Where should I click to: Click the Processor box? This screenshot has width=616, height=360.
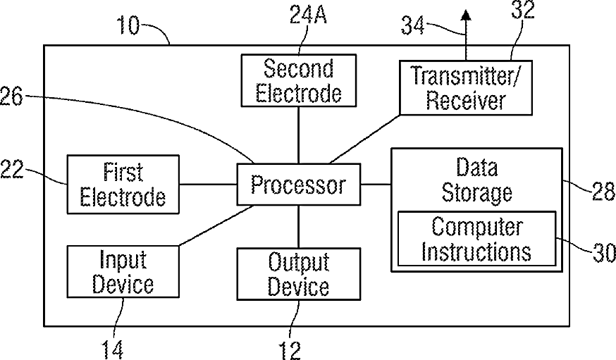299,185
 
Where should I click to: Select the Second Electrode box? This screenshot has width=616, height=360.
299,80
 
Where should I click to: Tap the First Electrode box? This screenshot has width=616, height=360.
123,185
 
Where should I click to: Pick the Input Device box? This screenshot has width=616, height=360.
123,272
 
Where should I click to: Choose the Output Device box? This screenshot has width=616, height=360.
299,274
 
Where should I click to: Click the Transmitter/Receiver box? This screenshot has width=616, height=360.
466,87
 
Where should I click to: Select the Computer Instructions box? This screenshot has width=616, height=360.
477,239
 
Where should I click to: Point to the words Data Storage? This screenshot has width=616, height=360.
477,180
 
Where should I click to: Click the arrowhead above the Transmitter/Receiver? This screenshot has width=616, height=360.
466,15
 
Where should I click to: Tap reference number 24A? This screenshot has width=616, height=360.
308,15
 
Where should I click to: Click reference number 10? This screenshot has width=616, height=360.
128,26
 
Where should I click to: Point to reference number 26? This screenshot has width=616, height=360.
11,97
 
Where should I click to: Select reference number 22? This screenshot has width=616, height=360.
12,169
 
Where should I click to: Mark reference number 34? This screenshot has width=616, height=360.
412,26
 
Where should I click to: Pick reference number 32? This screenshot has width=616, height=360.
522,10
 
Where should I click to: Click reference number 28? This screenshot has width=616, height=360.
604,191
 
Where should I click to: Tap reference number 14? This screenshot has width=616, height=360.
112,349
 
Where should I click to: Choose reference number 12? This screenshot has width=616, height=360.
290,350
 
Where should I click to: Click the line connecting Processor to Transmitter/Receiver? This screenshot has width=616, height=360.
364,139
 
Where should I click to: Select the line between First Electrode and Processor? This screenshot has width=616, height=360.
208,184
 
